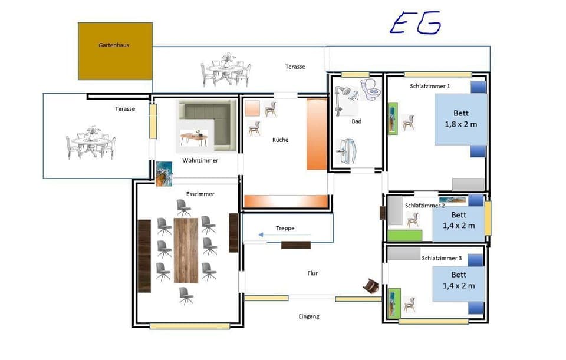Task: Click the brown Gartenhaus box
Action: tap(115, 51)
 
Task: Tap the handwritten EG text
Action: tap(415, 23)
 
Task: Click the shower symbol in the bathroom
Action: tap(344, 97)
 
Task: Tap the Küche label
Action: tap(280, 140)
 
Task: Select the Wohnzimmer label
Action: tap(200, 160)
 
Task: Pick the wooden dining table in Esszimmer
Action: tap(186, 249)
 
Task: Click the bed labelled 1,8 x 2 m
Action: tap(461, 119)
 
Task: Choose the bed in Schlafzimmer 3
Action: tap(458, 283)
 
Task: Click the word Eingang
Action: tap(309, 317)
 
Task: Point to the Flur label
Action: tap(312, 273)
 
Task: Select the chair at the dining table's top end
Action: tap(183, 207)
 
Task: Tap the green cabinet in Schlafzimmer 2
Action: tap(404, 236)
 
